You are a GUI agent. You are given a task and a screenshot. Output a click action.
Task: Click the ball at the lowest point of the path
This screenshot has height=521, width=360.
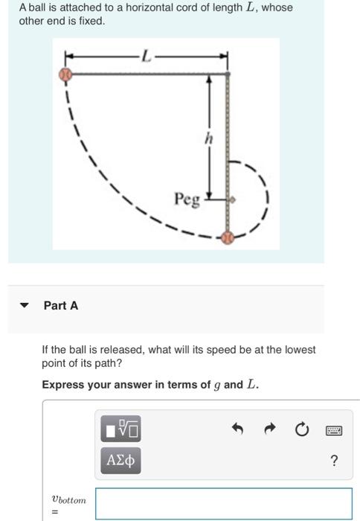coord(228,238)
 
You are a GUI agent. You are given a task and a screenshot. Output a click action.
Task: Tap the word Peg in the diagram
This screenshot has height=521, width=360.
coord(187,199)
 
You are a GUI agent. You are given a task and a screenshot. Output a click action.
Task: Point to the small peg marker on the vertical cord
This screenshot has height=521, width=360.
coord(231,200)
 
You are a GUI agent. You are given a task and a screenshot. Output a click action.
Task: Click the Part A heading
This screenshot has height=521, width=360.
coord(60,305)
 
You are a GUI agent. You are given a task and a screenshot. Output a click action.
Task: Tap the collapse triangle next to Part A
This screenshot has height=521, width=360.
coord(25,306)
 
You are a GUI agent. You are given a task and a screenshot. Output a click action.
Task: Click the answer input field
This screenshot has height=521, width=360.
coord(223,503)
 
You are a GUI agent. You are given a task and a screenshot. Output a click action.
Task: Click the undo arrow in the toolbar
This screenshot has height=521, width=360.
coord(237,429)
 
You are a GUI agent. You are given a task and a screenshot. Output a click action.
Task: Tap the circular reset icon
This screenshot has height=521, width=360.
coord(300,429)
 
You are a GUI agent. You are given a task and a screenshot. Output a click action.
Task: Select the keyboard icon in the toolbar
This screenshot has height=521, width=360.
coord(333,429)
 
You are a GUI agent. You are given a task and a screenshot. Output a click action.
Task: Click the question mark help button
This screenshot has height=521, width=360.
coord(333,461)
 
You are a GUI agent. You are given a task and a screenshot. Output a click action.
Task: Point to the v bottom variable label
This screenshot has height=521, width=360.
coord(68,501)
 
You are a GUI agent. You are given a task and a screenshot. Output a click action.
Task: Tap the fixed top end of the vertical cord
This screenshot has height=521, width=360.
coord(228,74)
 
